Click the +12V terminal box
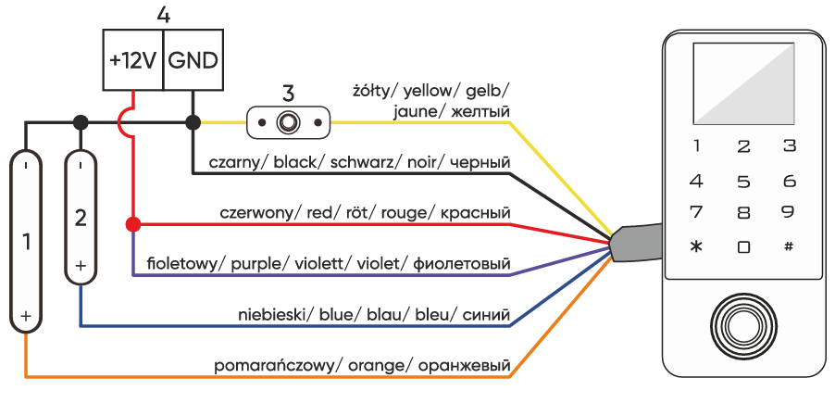[x=132, y=60]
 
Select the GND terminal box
[x=193, y=60]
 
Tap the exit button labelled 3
[x=289, y=121]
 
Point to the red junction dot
[x=133, y=224]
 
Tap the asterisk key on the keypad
[x=697, y=246]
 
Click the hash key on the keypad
[x=789, y=246]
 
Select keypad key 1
[x=697, y=146]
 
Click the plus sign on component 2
[x=81, y=265]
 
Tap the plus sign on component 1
[x=26, y=315]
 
